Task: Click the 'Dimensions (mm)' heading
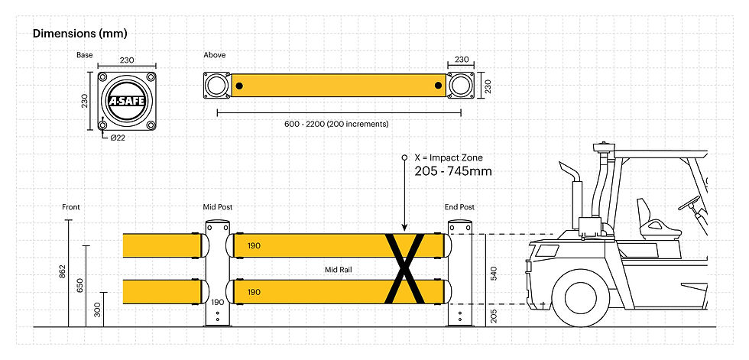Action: coord(79,34)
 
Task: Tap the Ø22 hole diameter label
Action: coord(118,137)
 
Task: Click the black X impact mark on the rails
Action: coord(405,268)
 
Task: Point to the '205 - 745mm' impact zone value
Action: coord(452,171)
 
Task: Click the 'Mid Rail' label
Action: coord(337,269)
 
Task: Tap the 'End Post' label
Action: coord(460,207)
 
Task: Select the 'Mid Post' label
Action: coord(217,207)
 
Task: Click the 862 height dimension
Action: coord(63,273)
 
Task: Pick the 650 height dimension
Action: coord(81,286)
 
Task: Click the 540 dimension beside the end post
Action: coord(494,272)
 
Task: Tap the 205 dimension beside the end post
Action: coord(494,315)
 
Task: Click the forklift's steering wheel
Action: coord(692,203)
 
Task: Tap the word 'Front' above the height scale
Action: coord(71,207)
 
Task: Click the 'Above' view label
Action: coord(215,55)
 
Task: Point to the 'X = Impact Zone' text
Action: coord(449,157)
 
